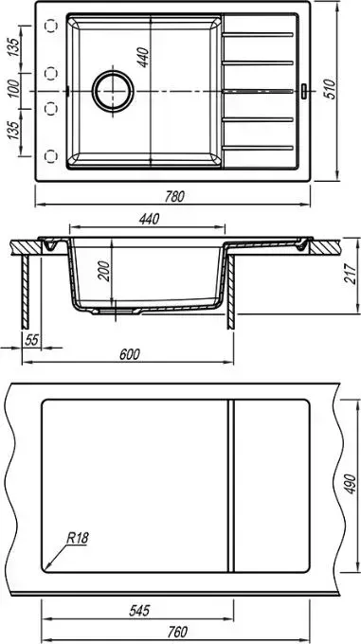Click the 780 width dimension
pos(174,197)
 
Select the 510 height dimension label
pos(330,89)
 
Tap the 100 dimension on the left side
pos(13,89)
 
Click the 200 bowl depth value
pos(105,271)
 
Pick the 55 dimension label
pos(31,340)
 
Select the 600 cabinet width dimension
pos(130,354)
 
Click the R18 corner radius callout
pos(78,538)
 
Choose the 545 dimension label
pos(139,611)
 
